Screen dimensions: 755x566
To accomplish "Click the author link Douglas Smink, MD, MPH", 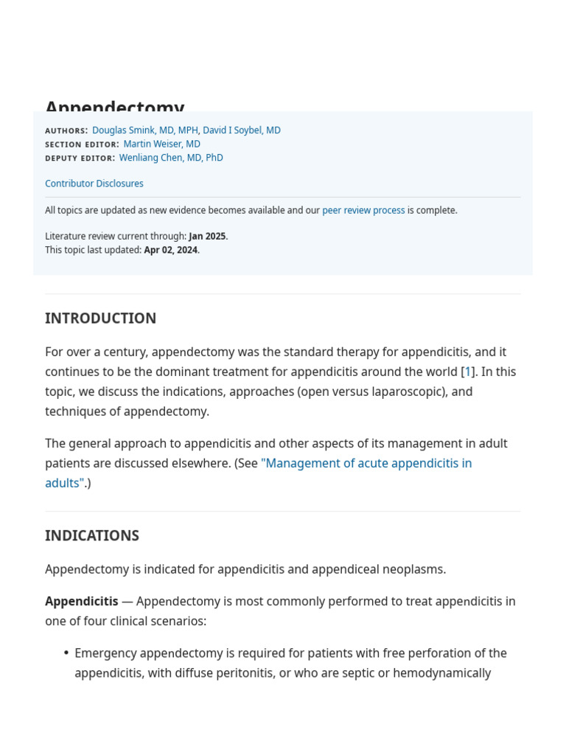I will click(144, 131).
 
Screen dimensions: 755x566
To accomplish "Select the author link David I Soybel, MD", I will click(242, 131).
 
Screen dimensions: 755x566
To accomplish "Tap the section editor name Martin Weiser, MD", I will click(161, 144).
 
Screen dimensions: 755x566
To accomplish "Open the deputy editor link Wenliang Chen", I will click(171, 158).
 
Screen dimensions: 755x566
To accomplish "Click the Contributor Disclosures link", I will click(94, 184).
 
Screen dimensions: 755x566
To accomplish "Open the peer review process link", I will click(363, 210).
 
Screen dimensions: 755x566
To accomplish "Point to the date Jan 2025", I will click(207, 236).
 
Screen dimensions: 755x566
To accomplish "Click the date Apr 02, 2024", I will click(171, 250).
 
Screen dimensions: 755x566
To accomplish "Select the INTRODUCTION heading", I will click(100, 319).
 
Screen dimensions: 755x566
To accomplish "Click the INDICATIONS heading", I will click(92, 536).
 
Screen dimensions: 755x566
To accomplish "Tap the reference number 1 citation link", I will click(468, 372).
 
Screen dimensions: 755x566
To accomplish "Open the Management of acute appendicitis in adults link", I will click(366, 463).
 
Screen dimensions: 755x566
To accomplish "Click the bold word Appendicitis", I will click(82, 601).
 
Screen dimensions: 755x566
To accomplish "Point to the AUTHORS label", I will click(66, 131).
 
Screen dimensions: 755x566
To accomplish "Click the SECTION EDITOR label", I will click(82, 145).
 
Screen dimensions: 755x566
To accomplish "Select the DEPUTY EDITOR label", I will click(80, 159).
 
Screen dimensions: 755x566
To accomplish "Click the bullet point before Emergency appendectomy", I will click(66, 653).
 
